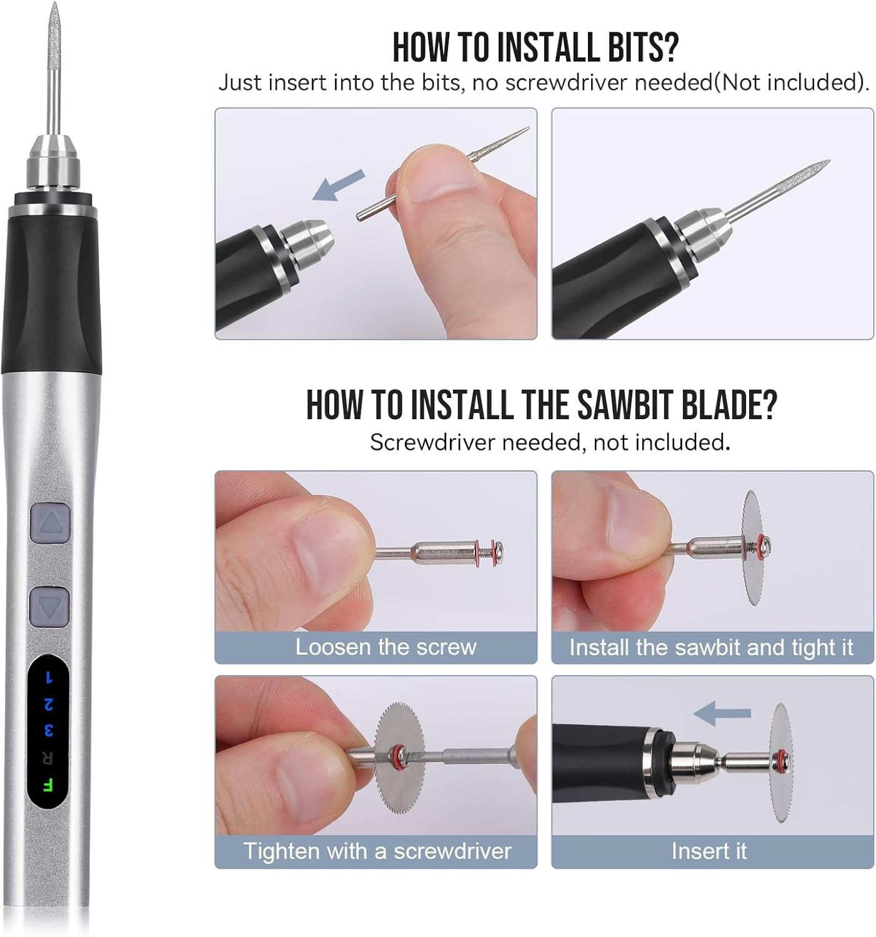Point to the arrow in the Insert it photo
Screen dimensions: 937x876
[723, 713]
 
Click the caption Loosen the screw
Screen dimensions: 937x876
[386, 647]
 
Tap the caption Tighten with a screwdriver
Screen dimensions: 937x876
[377, 851]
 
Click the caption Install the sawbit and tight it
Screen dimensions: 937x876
[711, 647]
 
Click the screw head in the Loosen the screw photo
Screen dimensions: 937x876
[498, 550]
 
